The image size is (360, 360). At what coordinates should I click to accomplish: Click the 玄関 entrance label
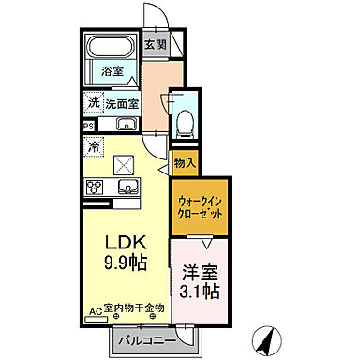click(x=156, y=44)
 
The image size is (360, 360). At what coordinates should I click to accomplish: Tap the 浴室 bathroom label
click(x=112, y=70)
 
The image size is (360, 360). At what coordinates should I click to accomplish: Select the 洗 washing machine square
click(x=94, y=104)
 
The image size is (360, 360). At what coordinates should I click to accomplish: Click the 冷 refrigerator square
click(x=94, y=146)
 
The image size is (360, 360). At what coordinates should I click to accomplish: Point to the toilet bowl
click(x=185, y=119)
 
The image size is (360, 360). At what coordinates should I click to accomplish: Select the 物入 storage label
click(x=184, y=163)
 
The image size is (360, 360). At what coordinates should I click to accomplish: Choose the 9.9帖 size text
click(x=126, y=262)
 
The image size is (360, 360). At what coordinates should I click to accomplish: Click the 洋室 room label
click(x=199, y=271)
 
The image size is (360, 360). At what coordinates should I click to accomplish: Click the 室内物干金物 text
click(x=134, y=307)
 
